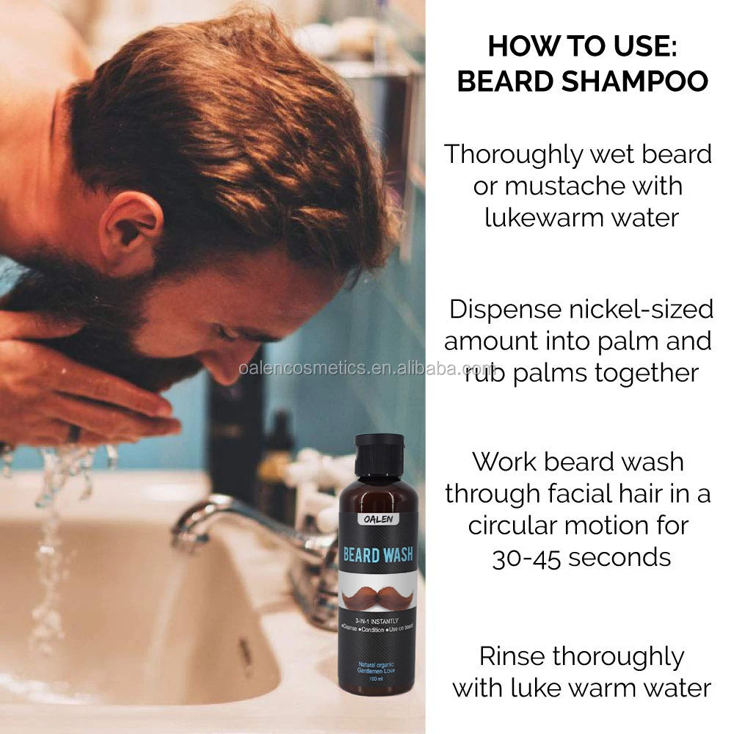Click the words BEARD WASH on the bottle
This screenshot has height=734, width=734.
[379, 553]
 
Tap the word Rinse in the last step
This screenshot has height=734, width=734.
[514, 655]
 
